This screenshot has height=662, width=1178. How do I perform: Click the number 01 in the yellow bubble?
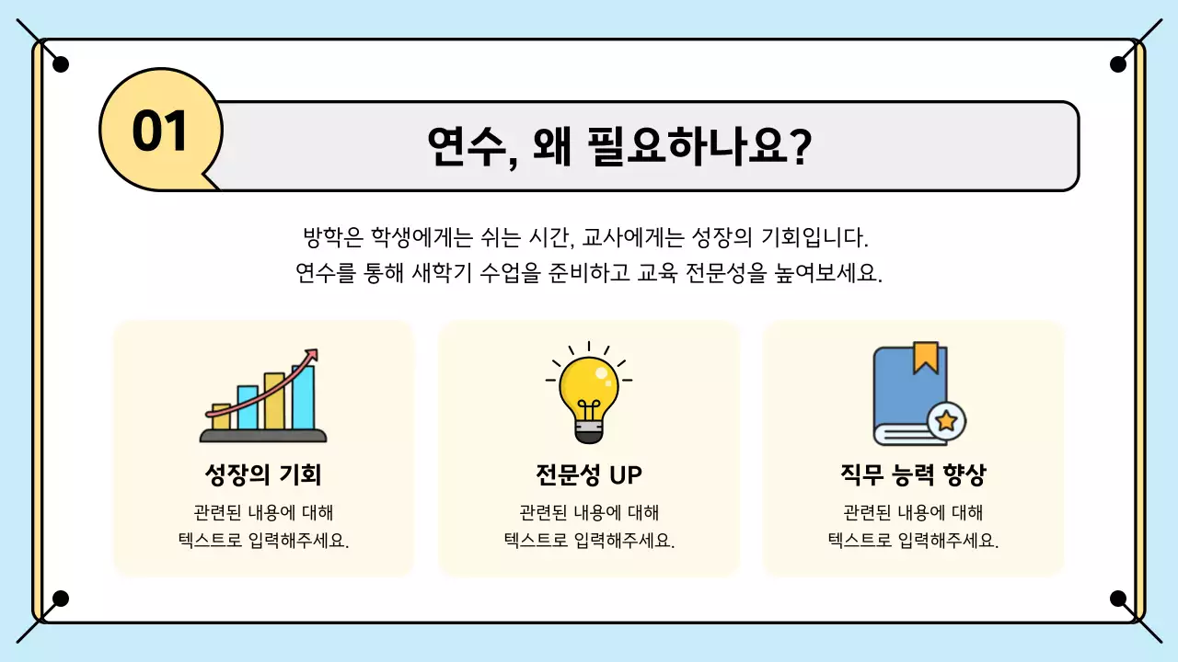pyautogui.click(x=160, y=131)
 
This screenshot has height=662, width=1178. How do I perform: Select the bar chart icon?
pyautogui.click(x=263, y=397)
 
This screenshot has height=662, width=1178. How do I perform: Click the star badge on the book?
pyautogui.click(x=945, y=422)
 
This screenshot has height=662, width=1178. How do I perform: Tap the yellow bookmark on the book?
pyautogui.click(x=925, y=358)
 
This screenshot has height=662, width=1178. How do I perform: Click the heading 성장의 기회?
pyautogui.click(x=263, y=475)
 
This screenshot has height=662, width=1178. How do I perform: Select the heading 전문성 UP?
pyautogui.click(x=589, y=475)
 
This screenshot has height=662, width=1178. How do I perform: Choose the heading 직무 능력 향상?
pyautogui.click(x=913, y=475)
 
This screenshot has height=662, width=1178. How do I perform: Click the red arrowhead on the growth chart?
pyautogui.click(x=312, y=355)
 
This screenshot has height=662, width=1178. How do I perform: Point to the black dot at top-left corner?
pyautogui.click(x=61, y=64)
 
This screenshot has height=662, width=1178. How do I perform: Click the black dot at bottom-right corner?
pyautogui.click(x=1118, y=599)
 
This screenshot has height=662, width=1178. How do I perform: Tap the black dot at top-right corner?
pyautogui.click(x=1118, y=64)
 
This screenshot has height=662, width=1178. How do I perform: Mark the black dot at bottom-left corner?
pyautogui.click(x=61, y=599)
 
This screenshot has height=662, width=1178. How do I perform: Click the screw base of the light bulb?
pyautogui.click(x=589, y=432)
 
